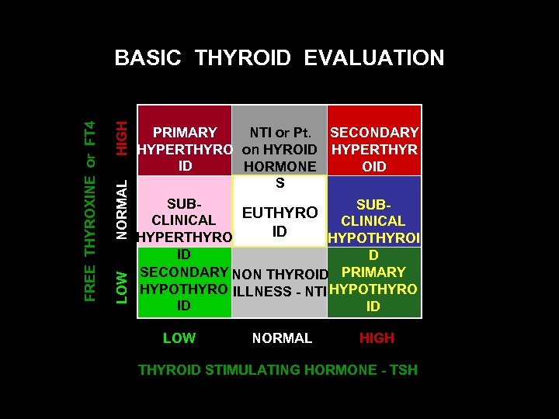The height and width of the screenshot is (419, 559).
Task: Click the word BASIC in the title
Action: (148, 58)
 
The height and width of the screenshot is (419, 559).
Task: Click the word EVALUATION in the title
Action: (374, 58)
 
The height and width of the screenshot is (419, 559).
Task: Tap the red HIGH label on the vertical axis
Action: (121, 137)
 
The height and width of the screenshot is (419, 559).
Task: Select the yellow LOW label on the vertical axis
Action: (121, 286)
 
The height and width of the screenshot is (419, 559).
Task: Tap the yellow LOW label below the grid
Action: (179, 338)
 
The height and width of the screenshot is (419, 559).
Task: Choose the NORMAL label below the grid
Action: (282, 338)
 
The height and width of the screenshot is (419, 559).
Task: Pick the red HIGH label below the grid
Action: (377, 338)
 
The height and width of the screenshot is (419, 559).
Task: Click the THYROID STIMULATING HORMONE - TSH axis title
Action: (277, 370)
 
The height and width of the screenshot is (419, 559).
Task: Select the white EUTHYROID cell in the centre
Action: (279, 221)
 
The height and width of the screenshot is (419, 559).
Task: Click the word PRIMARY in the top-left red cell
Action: (185, 133)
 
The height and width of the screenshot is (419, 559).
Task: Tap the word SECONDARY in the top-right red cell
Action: (374, 133)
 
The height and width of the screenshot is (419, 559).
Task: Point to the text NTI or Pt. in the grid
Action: (279, 133)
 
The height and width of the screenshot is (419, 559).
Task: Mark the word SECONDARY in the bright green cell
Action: (183, 272)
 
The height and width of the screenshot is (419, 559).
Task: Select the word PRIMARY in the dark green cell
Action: (373, 272)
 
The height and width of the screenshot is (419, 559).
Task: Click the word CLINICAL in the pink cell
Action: (184, 220)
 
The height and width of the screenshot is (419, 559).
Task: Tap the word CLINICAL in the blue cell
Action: (373, 221)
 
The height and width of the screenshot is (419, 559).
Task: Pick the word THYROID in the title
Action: (243, 58)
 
